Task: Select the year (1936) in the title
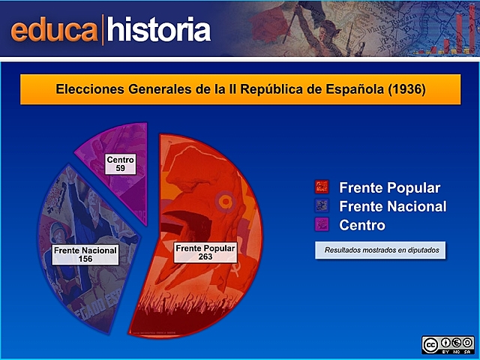[406, 89]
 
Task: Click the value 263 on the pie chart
[205, 256]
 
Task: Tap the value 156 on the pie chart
[85, 259]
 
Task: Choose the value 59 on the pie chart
[120, 169]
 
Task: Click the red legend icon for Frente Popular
[322, 187]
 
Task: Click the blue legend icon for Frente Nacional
[322, 206]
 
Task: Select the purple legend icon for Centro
[322, 224]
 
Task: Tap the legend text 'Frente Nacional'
[392, 206]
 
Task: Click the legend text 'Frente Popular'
[389, 187]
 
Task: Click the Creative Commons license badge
[448, 345]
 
